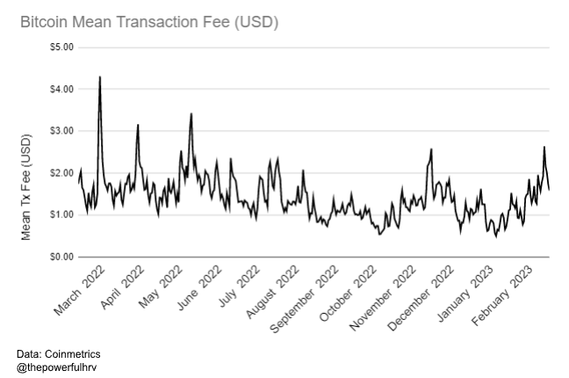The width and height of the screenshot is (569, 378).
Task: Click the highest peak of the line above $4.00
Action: click(x=100, y=77)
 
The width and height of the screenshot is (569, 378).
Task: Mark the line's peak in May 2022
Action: click(x=191, y=113)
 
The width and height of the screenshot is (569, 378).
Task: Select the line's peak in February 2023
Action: click(x=544, y=147)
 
